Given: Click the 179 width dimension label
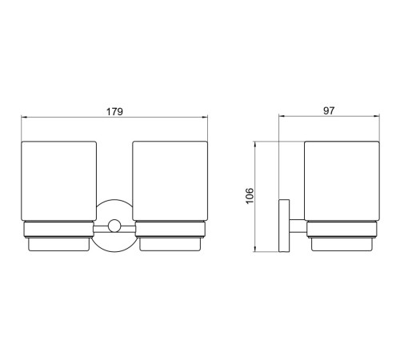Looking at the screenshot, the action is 114,111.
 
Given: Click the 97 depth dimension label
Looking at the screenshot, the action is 329,110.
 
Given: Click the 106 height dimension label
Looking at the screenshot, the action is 250,196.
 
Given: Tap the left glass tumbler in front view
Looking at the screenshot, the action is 58,181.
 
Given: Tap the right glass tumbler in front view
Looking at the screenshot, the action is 170,181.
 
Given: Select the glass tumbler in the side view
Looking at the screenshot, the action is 342,181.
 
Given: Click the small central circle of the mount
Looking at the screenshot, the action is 114,226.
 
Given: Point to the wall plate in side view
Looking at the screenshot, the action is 284,226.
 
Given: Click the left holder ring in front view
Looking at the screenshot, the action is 58,230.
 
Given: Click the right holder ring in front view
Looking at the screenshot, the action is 170,230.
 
